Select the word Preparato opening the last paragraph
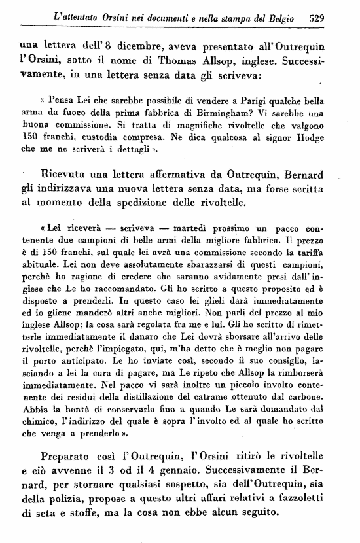pyautogui.click(x=67, y=455)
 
